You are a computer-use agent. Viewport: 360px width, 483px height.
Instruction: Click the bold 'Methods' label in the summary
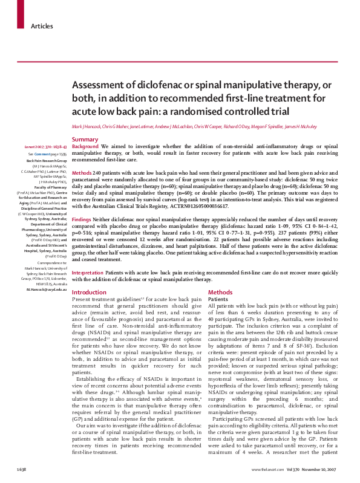(x=82, y=173)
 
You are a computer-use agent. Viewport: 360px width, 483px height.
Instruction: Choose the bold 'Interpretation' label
(x=88, y=273)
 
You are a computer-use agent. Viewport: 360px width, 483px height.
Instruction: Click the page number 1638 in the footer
(x=21, y=469)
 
